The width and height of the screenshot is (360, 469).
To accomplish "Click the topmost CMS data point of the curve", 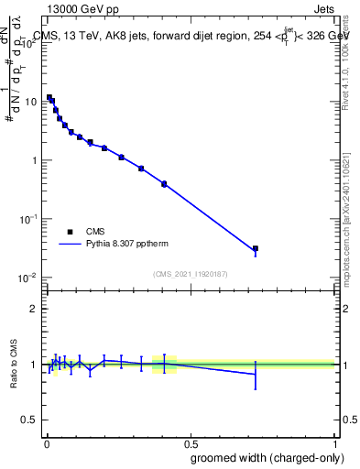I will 49,97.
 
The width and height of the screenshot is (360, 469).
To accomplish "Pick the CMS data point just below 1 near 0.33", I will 141,169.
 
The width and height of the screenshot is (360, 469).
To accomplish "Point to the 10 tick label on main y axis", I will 30,102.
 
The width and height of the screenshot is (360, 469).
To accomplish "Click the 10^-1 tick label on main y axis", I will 28,219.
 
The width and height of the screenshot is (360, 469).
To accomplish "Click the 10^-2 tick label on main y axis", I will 28,278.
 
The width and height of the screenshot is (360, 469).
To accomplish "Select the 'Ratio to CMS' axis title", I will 14,364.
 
